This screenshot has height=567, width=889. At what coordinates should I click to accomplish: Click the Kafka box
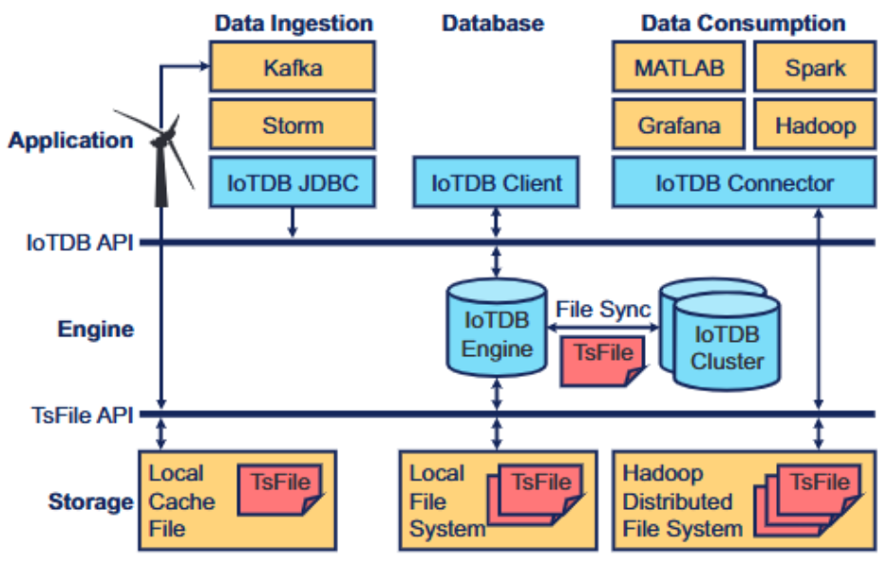coord(293,68)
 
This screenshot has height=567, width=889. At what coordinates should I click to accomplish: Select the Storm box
coord(293,125)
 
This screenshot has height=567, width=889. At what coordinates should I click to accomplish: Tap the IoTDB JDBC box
coord(293,182)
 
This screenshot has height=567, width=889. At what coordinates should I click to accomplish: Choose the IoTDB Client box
coord(497,182)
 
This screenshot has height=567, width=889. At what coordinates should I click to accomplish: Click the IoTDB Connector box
coord(744,182)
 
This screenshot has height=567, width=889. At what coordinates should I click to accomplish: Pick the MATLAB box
coord(679,68)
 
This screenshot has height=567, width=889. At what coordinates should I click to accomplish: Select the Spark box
coord(815,68)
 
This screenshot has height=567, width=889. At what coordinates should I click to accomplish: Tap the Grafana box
coord(679,125)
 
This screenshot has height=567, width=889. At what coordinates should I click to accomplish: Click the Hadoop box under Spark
coord(815,125)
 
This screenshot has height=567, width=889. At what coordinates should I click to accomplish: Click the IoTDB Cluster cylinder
coord(727,347)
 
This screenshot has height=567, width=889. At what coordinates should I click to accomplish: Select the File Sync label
coord(603,310)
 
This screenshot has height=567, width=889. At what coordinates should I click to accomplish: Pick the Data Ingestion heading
coord(293,23)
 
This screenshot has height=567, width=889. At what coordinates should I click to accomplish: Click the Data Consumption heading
coord(743,23)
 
